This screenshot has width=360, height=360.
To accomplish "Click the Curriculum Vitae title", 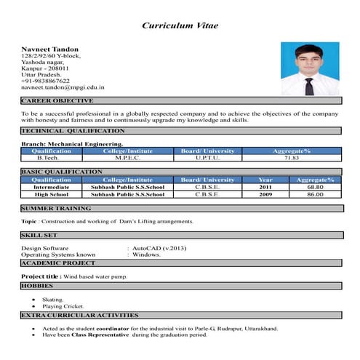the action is [180, 26].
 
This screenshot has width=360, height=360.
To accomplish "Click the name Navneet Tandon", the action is [50, 49].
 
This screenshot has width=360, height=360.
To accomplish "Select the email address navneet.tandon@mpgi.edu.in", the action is [63, 87].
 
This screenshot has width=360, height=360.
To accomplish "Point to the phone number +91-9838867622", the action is [46, 81].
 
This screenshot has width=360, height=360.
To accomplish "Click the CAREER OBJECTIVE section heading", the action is [57, 100].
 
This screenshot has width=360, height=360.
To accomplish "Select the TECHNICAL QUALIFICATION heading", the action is [73, 131].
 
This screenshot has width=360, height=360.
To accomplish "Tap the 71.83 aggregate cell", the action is [291, 158].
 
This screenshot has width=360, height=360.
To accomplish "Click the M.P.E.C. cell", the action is [127, 158].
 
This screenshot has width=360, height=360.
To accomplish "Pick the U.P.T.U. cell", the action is [207, 158].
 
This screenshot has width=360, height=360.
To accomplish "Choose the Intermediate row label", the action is [52, 187].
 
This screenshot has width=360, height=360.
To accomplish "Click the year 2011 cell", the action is [265, 187].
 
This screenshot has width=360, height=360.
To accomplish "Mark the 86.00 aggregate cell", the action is [315, 194].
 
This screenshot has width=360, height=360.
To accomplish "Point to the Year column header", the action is [265, 179].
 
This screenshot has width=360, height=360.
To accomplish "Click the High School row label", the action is [52, 194].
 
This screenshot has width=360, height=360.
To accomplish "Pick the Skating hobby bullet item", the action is [53, 300].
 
